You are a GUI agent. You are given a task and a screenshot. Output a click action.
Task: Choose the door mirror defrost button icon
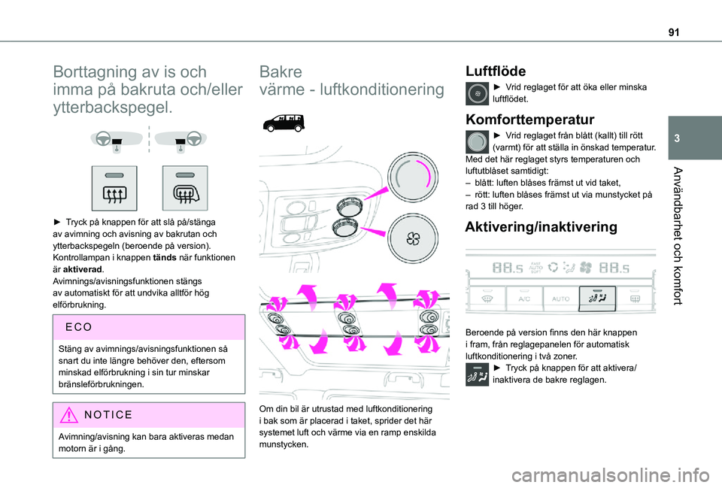point(185,187)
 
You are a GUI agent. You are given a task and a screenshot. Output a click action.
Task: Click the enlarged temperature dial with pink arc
point(411,176)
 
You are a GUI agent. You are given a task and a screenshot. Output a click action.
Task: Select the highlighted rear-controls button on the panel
point(595,298)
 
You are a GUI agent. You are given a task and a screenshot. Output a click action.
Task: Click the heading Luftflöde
point(496,71)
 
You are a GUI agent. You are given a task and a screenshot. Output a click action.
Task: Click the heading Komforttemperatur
point(531,120)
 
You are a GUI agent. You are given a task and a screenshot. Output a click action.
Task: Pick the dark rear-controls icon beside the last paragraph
point(478,374)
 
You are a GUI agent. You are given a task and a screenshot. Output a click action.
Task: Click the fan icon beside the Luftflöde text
point(478,93)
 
